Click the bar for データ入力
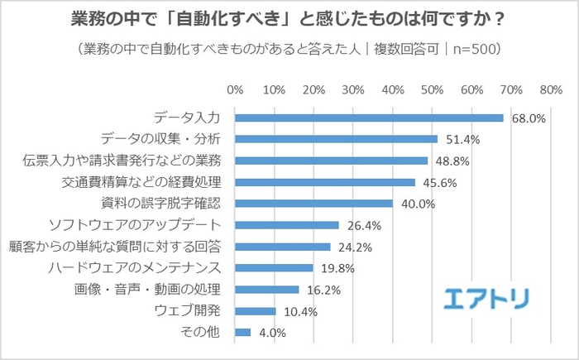coord(369,118)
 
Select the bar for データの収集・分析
coord(336,139)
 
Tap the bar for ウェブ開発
coord(255,311)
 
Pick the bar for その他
coord(242,333)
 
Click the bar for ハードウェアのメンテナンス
coord(274,268)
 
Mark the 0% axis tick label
coord(234,89)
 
